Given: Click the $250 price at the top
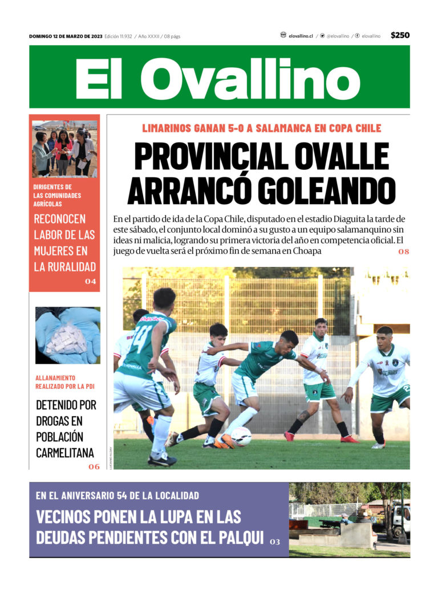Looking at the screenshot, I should coord(400,35).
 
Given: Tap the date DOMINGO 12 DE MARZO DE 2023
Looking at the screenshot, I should coord(66,36).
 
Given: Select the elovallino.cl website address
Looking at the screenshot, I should coord(300,36).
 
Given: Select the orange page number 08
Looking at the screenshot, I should coord(404,251).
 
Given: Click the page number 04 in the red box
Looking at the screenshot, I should coord(91,281).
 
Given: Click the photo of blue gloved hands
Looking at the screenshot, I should coord(67,335).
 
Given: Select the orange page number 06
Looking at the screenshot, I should coord(94,466).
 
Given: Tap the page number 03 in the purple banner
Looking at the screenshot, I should coord(275,542).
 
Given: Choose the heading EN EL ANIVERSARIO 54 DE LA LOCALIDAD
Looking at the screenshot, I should coord(117,495).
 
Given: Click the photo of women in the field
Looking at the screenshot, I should coord(64,148).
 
